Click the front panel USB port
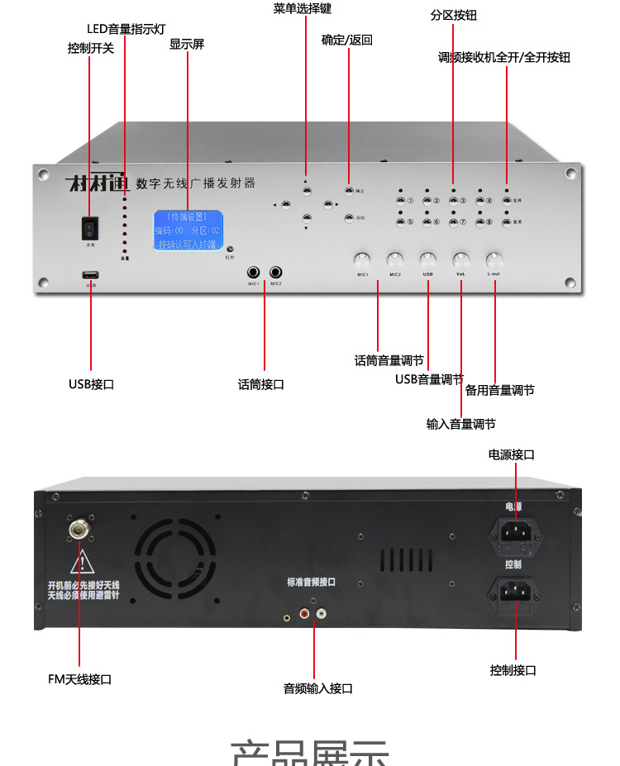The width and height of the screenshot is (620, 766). pos(90,274)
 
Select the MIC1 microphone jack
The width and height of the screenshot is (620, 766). pos(254,272)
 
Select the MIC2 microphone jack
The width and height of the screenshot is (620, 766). pos(275,272)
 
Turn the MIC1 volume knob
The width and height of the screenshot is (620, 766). pos(362,259)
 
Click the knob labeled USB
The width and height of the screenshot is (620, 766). pos(427,259)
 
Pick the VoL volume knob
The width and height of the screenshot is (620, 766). pos(460,259)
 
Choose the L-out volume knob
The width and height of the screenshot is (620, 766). pos(494,259)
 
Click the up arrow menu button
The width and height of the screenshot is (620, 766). pos(307,191)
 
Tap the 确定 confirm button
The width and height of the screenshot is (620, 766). pos(349,190)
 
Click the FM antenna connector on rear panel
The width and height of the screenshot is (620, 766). pos(79,526)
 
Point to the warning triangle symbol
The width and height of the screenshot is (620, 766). pos(81,564)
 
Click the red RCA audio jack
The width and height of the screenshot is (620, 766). pos(305,614)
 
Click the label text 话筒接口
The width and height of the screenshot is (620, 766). pos(261,384)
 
